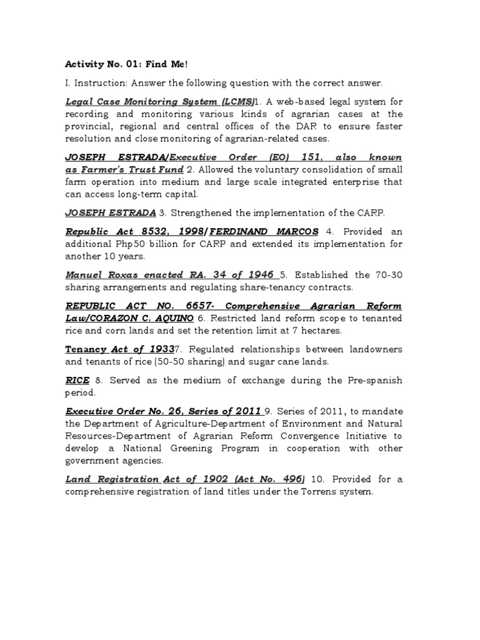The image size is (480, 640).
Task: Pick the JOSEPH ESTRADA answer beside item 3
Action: tap(110, 212)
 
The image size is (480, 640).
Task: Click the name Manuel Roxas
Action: tap(96, 275)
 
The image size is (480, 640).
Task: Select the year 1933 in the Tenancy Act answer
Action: tap(160, 349)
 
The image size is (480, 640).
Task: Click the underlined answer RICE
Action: tap(77, 380)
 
